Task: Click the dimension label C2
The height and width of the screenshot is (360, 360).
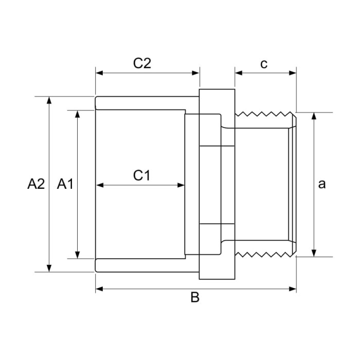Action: click(142, 63)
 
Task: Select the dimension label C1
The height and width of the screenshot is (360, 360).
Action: click(141, 175)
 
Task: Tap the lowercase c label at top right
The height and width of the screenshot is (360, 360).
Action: click(264, 63)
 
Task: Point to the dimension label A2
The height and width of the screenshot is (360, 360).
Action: click(36, 184)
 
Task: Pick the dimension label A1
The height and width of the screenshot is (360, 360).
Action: click(65, 184)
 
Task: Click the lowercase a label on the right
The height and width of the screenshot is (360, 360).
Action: click(322, 184)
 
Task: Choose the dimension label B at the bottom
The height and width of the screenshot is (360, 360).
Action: click(195, 298)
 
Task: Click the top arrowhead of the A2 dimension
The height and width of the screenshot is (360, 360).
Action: click(49, 100)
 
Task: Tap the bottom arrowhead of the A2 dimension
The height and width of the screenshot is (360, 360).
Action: click(49, 268)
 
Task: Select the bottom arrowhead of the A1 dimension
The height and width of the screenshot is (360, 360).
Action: click(78, 255)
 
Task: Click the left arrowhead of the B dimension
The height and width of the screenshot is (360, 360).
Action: click(99, 289)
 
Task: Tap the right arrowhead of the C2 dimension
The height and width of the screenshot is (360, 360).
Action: click(196, 73)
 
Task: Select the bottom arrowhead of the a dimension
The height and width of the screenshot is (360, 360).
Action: click(313, 253)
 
